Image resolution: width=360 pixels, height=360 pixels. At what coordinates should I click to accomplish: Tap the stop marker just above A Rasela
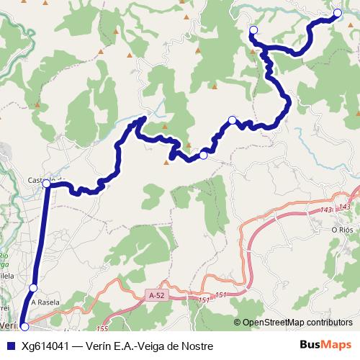pos(33,288)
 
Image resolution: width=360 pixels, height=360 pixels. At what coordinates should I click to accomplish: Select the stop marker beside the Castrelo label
pos(46,184)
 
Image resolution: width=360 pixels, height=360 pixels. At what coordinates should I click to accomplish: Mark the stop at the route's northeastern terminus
pos(338,13)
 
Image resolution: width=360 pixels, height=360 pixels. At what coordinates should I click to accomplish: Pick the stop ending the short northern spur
pos(253,30)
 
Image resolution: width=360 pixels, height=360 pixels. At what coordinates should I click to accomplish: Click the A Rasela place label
pos(45,302)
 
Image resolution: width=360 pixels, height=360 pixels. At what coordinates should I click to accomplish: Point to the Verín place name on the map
pos(8,325)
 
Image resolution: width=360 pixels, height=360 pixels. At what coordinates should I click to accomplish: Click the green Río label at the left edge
pos(4,257)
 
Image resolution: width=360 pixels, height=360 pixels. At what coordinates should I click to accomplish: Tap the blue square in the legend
pos(10,346)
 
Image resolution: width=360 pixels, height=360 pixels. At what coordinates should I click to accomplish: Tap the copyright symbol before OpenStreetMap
pos(237,322)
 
